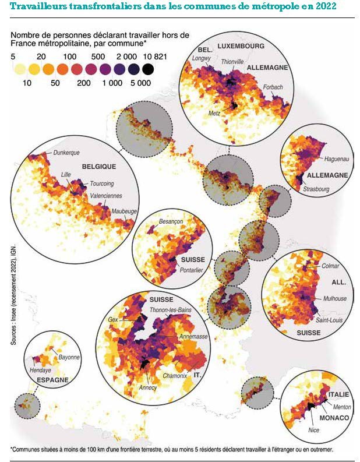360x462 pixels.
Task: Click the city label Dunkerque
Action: (x=66, y=153)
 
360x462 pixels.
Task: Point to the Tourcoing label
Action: (x=102, y=184)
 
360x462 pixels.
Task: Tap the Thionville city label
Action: (x=232, y=62)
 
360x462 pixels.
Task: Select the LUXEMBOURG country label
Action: (x=241, y=45)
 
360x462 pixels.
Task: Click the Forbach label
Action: (x=273, y=87)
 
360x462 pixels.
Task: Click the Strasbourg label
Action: (x=317, y=189)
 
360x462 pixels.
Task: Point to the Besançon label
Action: (x=171, y=222)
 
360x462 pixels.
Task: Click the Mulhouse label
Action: (x=334, y=298)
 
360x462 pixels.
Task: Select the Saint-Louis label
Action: (x=329, y=320)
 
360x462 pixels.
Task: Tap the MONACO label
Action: (x=334, y=418)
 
